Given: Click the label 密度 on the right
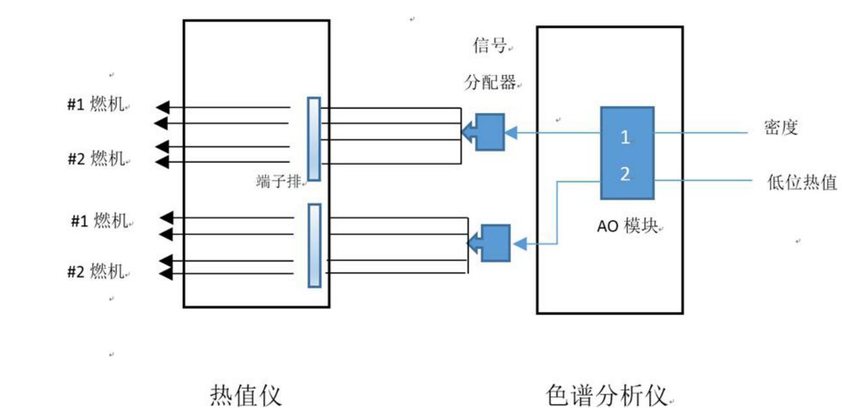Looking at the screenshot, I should (x=781, y=128).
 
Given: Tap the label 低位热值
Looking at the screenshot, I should (x=802, y=183).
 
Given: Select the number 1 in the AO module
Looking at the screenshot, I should (x=625, y=137).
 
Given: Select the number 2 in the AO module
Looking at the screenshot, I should (x=625, y=174).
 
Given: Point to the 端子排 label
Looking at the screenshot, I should (x=278, y=182).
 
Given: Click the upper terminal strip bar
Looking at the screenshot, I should (x=314, y=139).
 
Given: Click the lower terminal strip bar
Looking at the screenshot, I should (x=314, y=245).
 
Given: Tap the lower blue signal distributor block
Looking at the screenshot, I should (x=495, y=243).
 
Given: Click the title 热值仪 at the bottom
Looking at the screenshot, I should (x=246, y=394).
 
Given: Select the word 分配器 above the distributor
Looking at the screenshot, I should (x=489, y=83).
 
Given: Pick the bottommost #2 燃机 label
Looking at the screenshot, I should (x=96, y=271).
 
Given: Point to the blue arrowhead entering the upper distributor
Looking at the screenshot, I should (x=512, y=133).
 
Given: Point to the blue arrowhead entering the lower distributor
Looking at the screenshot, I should (x=519, y=245).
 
